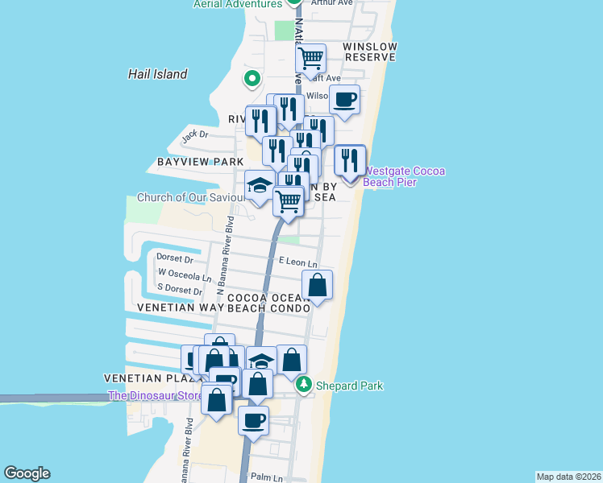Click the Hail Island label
(x=157, y=74)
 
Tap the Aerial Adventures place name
(x=237, y=4)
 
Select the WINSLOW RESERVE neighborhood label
(x=369, y=52)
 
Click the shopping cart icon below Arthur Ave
(x=310, y=58)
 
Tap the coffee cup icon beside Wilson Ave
(x=345, y=100)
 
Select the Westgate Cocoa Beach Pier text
(x=405, y=176)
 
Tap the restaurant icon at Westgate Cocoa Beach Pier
(x=350, y=160)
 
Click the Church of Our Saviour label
(x=191, y=197)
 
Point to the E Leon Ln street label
(x=297, y=262)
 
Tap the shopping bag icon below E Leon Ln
(x=318, y=285)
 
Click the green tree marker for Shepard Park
(x=303, y=386)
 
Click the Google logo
(x=27, y=473)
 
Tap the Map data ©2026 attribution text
(x=568, y=477)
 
